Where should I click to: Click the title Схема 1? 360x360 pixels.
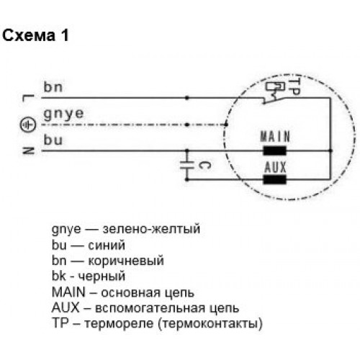pos(35,35)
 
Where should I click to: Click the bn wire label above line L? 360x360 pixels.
pos(53,87)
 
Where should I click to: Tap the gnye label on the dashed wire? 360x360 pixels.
pos(63,114)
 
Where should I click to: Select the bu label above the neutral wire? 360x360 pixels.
pos(53,140)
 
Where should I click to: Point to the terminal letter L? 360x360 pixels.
pos(28,98)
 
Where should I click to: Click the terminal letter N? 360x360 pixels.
pos(28,150)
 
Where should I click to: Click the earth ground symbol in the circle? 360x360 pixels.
pos(28,125)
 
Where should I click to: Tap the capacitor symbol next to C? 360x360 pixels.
pos(187,166)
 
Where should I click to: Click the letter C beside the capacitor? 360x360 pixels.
pos(205,166)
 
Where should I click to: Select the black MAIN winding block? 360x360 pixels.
pos(275,150)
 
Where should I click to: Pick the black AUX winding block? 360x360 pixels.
pos(275,179)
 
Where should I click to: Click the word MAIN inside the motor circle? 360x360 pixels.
pos(275,136)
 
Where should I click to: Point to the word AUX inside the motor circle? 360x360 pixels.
pos(275,167)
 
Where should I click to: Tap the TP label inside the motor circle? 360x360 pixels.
pos(294,87)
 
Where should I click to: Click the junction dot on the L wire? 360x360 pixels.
pos(187,98)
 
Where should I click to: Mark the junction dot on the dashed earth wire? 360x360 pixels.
pos(187,125)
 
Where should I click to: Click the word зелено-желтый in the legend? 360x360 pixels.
pos(151,229)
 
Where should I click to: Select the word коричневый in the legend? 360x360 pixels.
pos(126,261)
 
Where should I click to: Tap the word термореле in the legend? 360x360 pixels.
pos(119,323)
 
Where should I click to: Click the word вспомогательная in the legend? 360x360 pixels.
pos(150,307)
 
